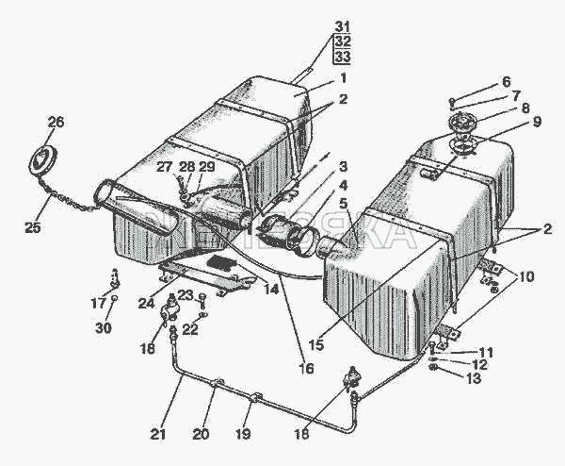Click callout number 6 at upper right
[x=505, y=81]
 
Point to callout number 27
[x=167, y=167]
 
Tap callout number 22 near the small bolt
[x=189, y=328]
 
